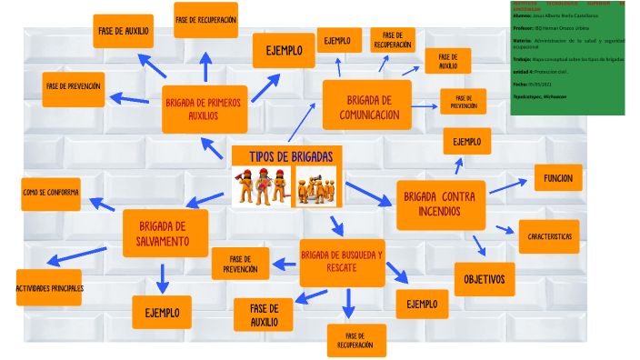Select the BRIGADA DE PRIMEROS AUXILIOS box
[203, 109]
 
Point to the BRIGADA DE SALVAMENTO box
[165, 233]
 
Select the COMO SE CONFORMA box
[51, 193]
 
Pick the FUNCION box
[557, 178]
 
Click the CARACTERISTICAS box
[548, 236]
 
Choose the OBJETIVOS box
[485, 278]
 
